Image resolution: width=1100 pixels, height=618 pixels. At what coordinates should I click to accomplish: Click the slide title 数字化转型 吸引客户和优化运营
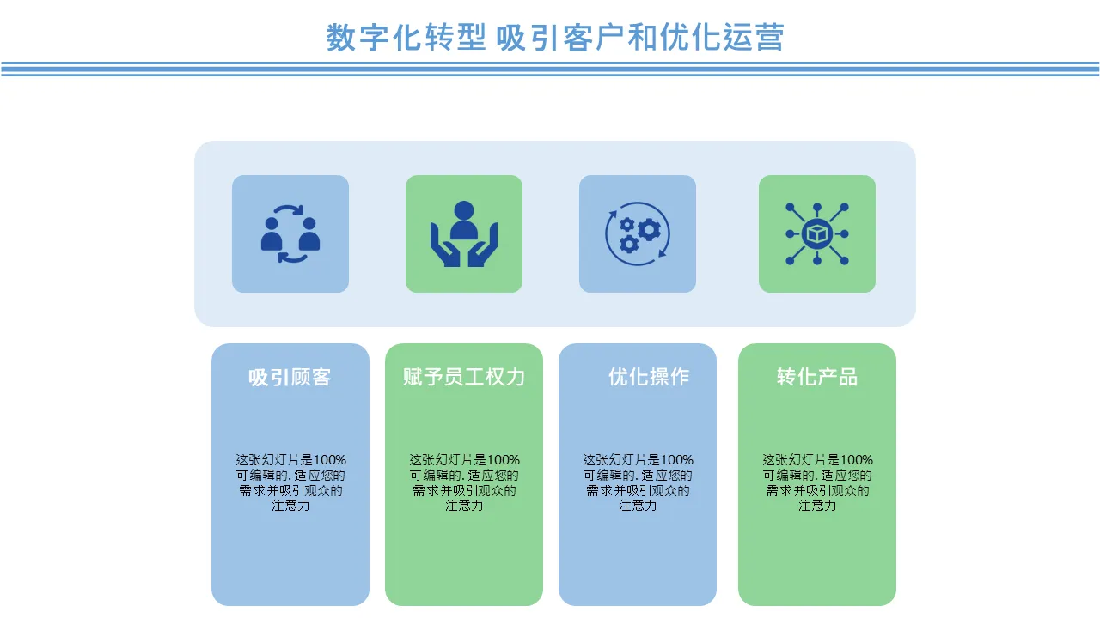pos(555,37)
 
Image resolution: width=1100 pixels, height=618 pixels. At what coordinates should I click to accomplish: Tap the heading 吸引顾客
pos(290,377)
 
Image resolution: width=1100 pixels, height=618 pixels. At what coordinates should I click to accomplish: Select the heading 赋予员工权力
pos(463,377)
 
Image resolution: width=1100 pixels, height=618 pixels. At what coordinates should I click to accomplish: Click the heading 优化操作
pos(649,377)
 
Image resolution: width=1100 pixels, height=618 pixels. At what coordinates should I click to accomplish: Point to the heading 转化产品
pos(817,377)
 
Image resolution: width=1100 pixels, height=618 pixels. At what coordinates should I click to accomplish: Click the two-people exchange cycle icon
pos(290,234)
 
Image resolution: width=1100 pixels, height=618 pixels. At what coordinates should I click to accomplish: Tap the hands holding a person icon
pos(463,234)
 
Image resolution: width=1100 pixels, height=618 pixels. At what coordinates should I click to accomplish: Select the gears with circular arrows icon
pos(638,234)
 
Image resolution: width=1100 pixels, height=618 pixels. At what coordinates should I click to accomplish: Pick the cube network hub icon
pos(817,234)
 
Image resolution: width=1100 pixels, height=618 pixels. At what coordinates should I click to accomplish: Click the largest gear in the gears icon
pos(650,229)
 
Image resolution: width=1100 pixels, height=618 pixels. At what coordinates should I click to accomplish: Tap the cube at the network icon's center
pos(817,234)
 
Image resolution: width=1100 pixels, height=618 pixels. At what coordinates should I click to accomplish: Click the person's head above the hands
pos(463,210)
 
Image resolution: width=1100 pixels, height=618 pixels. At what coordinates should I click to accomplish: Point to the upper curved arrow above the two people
pos(290,211)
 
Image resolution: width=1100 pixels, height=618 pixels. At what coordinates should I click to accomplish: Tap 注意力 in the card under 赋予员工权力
pos(463,506)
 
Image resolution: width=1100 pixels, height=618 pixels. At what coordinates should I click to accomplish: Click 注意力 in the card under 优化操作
pos(638,506)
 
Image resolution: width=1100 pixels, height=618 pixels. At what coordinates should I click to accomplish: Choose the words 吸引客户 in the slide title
pos(560,37)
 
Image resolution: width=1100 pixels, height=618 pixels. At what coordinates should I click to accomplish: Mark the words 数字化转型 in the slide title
pos(406,37)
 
